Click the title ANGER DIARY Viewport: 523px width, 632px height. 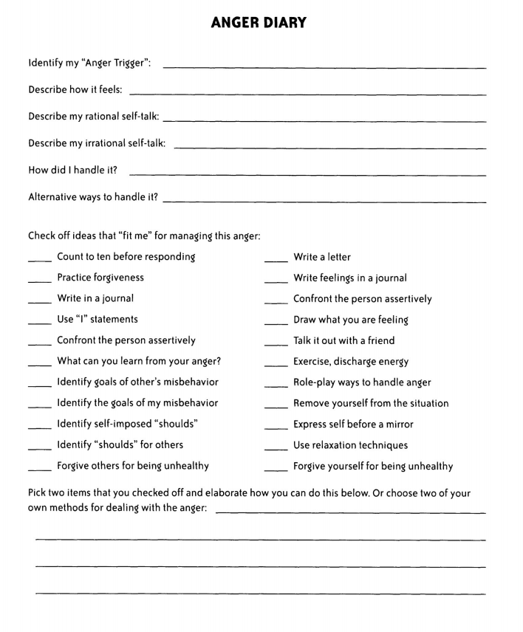coord(259,24)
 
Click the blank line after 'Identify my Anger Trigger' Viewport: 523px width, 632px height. coord(324,68)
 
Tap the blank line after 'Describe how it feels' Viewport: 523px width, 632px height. coord(307,95)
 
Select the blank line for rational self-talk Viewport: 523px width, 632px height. coord(324,120)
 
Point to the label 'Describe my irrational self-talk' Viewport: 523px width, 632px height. coord(97,143)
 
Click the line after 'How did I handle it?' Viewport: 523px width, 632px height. coord(307,175)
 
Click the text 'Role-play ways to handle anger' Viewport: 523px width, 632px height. coord(362,382)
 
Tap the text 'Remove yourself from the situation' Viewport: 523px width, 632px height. coord(371,404)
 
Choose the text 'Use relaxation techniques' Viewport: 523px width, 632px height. coord(350,445)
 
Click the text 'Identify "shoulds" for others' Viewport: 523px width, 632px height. coord(120,445)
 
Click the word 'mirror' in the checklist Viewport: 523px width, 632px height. coord(399,425)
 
